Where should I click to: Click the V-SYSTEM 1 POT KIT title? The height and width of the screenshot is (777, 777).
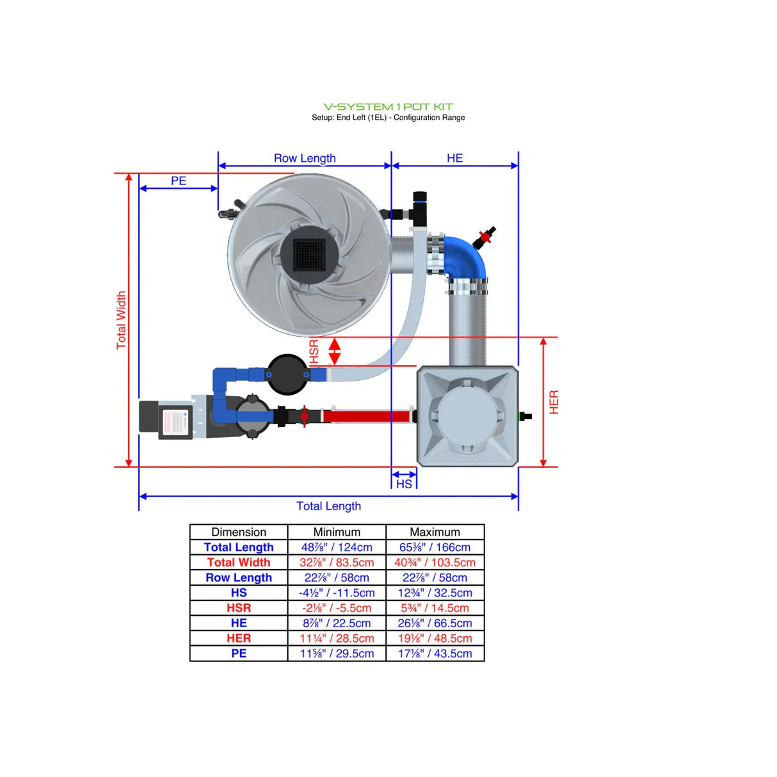(x=388, y=107)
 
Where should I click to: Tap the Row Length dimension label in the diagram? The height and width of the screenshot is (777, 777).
(x=305, y=158)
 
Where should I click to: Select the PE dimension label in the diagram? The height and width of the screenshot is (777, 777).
(x=179, y=181)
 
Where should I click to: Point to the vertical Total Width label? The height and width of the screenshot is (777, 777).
(x=121, y=320)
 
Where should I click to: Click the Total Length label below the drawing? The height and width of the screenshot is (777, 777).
(x=328, y=506)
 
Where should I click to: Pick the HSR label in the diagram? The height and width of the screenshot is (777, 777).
(x=314, y=351)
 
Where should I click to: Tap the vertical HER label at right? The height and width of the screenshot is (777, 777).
(x=554, y=402)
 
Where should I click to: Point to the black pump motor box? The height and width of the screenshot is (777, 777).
(x=166, y=419)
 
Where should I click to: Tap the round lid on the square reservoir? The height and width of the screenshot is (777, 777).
(x=467, y=412)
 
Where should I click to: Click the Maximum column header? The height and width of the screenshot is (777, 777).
(x=435, y=532)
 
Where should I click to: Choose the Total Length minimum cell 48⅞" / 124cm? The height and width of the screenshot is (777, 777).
(x=337, y=547)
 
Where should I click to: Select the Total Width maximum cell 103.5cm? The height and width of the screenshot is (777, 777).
(x=435, y=563)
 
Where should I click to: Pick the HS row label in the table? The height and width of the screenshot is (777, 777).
(x=239, y=593)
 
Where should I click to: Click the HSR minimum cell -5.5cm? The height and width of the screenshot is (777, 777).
(x=337, y=608)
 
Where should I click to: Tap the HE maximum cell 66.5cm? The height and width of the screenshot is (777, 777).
(x=435, y=623)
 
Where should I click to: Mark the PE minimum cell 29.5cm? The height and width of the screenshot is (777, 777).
(x=337, y=653)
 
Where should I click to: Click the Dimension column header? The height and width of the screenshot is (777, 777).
(x=239, y=532)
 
